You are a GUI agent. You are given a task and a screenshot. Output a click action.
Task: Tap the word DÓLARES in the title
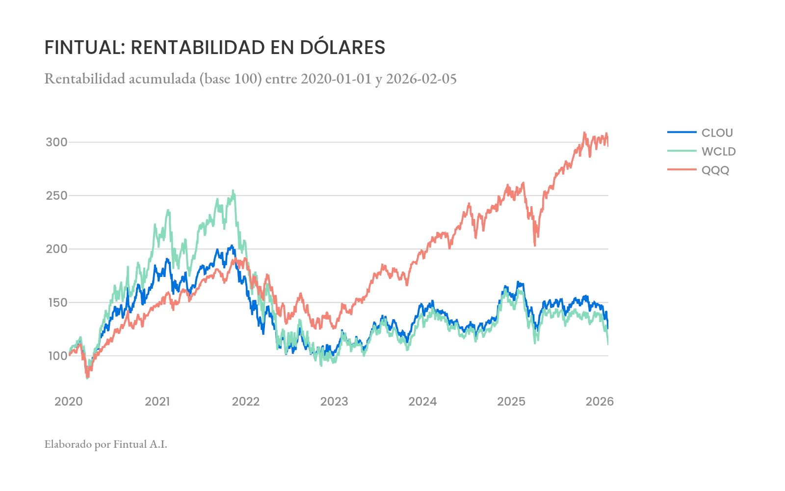(x=342, y=48)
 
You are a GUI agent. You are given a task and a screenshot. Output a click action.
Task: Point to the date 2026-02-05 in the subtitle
(x=421, y=79)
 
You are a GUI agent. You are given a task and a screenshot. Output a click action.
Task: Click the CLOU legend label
(x=717, y=133)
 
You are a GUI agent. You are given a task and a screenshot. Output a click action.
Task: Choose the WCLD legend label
(x=718, y=151)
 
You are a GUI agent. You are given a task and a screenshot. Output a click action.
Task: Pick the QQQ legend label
(x=715, y=170)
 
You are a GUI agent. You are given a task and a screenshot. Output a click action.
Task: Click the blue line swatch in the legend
(x=681, y=132)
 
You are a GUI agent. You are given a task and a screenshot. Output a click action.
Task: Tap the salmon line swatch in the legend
(x=681, y=170)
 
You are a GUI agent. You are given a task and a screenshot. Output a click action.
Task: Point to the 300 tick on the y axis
(x=56, y=142)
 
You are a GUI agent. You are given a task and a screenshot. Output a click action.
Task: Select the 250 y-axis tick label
(x=56, y=195)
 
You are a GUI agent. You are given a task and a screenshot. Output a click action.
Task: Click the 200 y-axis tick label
(x=56, y=249)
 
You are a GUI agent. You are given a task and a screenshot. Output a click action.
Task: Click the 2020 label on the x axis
(x=69, y=402)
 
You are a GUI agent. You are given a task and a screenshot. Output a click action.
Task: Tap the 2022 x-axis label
(x=246, y=402)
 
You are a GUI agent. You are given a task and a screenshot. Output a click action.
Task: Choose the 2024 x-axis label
(x=422, y=402)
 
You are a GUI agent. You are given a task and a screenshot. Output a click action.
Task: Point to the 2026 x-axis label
(x=600, y=402)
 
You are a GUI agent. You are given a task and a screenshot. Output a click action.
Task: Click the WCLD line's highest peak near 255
(x=233, y=191)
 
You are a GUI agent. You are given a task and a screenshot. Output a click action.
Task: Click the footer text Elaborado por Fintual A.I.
(x=105, y=444)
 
